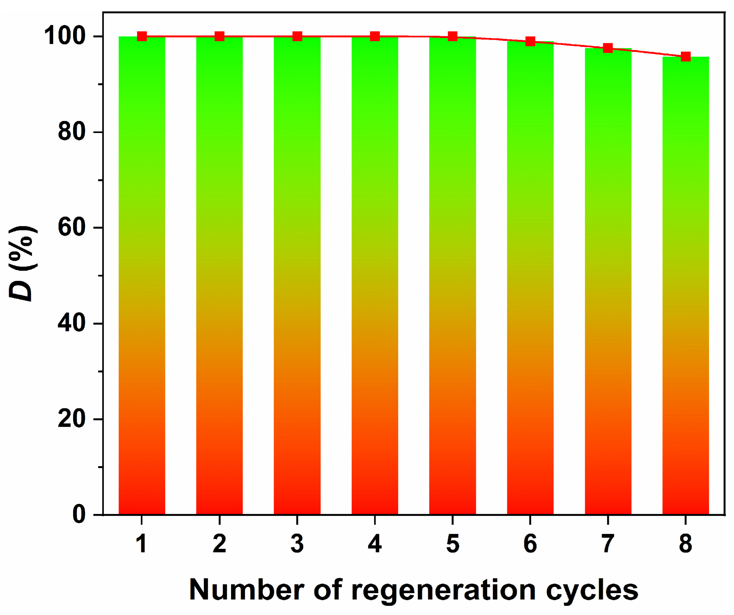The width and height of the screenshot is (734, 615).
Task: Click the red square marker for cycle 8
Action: (685, 56)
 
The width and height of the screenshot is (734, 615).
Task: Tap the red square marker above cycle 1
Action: (142, 36)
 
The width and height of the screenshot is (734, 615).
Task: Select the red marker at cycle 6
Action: (530, 42)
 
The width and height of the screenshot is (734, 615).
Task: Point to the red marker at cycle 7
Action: (608, 48)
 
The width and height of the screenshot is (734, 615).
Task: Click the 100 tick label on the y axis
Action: (65, 36)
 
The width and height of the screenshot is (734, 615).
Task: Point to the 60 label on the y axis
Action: (72, 227)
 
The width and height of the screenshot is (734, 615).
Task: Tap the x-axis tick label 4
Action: (375, 544)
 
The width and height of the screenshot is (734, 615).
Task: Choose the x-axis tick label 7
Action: (608, 544)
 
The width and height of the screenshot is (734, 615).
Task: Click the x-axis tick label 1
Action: (141, 544)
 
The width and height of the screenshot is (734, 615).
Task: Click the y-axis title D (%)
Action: (22, 264)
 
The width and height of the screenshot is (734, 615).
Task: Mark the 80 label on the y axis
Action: (72, 132)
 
